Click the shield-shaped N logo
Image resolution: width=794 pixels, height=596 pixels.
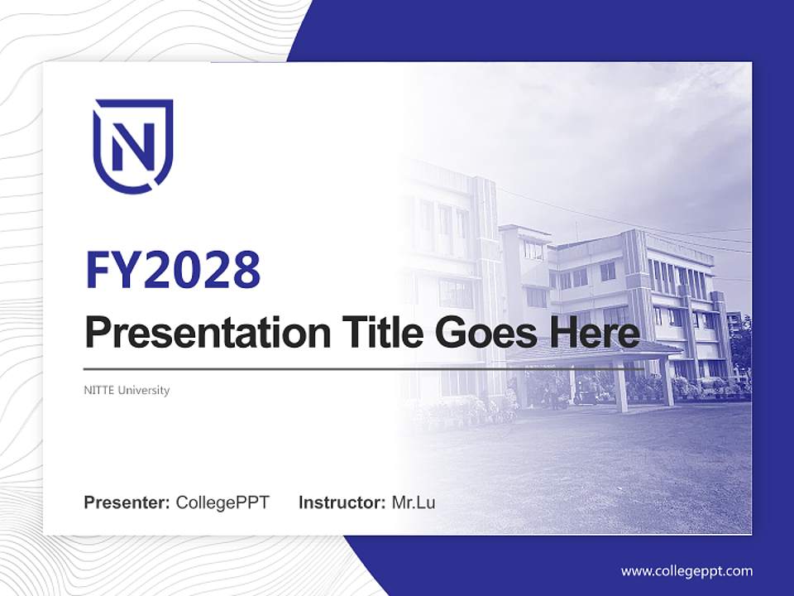point(132,146)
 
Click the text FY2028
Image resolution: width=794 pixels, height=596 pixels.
point(173,270)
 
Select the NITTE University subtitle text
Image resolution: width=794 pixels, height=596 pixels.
point(127,390)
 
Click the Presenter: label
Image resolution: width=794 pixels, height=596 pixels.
point(127,502)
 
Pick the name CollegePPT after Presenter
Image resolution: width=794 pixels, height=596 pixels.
point(222,502)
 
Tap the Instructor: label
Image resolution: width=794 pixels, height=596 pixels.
point(342,502)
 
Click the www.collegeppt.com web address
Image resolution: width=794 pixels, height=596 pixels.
point(686,571)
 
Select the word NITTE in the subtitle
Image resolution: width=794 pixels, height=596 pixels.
point(98,390)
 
